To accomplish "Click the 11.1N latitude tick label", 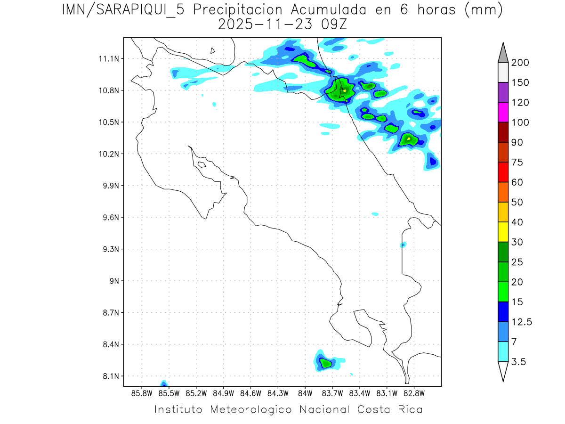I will click(109, 59).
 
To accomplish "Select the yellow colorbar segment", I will click(503, 232).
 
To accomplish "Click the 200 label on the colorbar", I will click(520, 63).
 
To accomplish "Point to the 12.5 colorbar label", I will click(522, 322).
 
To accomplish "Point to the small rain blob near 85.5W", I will click(164, 383).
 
